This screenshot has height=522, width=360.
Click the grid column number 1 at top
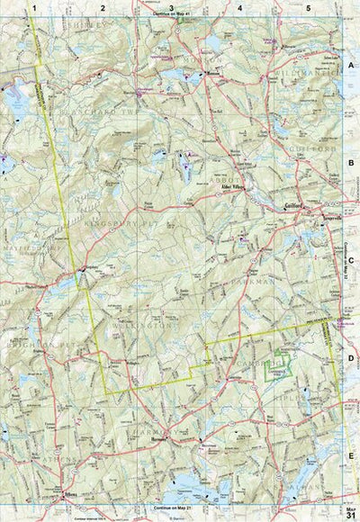click(33, 7)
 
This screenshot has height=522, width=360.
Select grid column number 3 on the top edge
click(170, 7)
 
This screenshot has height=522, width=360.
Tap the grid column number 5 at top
click(309, 7)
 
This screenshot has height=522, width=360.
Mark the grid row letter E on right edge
click(351, 457)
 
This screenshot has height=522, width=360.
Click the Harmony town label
click(160, 443)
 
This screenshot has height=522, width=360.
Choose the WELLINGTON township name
click(148, 329)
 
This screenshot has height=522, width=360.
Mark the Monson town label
click(212, 74)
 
